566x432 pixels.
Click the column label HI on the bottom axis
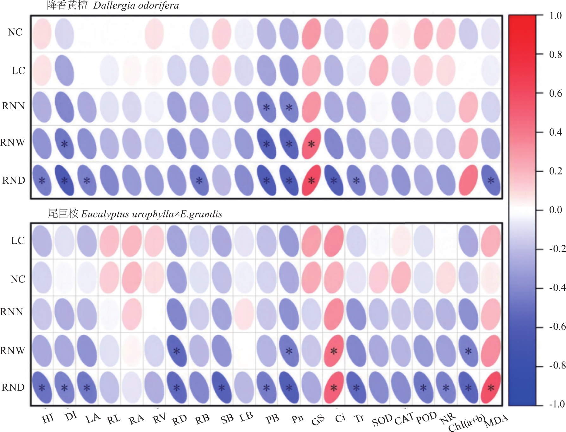(48, 419)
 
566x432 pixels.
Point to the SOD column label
(382, 421)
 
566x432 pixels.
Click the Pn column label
(297, 419)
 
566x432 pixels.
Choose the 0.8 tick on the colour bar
(556, 54)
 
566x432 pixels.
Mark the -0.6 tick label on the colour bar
(557, 326)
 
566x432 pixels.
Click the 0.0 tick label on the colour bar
(556, 210)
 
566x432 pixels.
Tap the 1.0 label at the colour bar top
(556, 15)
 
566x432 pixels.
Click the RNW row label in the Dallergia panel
(12, 143)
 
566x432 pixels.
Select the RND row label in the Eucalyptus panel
(13, 387)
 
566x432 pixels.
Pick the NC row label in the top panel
(15, 32)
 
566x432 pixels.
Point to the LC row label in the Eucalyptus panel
(18, 241)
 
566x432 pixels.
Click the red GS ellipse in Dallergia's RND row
(311, 180)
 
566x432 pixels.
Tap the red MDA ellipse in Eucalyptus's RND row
(491, 387)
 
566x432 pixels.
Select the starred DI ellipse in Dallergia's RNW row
(65, 144)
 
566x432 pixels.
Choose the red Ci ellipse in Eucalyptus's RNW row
(334, 351)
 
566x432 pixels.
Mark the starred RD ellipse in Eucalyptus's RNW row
(177, 351)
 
